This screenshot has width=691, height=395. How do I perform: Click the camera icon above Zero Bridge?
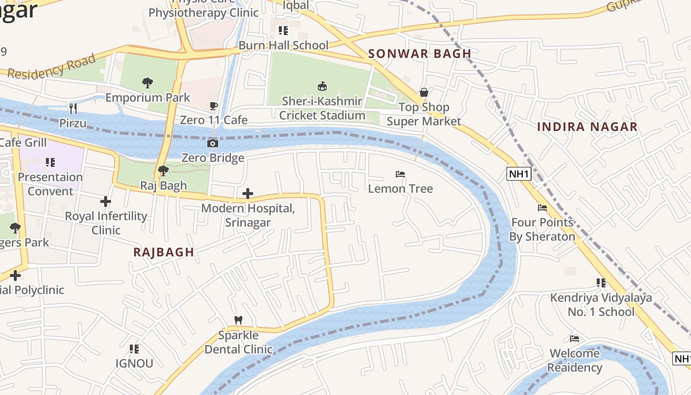213,144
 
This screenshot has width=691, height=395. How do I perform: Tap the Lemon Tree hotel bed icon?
400,174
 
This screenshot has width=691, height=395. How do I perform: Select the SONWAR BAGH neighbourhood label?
420,54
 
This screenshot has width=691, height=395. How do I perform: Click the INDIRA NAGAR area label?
587,127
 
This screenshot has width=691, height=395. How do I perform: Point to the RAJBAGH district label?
164,252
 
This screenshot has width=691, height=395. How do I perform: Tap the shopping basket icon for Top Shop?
423,92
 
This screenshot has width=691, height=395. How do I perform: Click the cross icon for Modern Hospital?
248,194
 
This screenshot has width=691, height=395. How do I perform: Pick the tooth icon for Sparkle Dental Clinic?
238,320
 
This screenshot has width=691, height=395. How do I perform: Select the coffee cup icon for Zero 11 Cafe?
213,106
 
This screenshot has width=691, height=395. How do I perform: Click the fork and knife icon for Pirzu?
73,108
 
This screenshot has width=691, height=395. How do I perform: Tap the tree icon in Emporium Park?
147,82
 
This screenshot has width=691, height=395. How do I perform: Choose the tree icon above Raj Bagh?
163,171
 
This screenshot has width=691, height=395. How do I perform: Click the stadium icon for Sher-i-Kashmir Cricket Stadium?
322,86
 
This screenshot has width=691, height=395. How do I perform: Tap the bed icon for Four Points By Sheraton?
542,208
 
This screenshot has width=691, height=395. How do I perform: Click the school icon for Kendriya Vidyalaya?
601,283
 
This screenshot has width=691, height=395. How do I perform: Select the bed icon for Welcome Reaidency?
575,339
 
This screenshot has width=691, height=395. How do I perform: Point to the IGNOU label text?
134,363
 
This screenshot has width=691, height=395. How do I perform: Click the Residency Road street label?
52,67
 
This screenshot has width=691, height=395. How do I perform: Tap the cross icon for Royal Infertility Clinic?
106,201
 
